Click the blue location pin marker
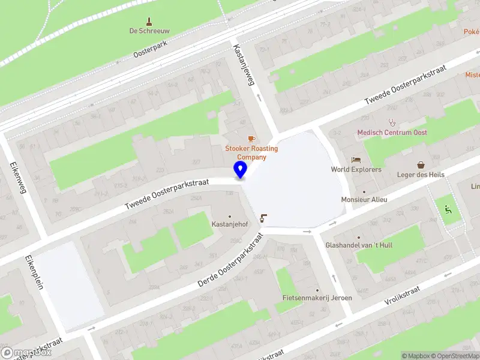240,170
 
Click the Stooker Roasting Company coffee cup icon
251,139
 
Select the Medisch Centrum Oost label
392,133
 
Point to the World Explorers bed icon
356,160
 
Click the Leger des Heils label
421,175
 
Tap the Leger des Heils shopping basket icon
421,164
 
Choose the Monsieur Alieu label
364,200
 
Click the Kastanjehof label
229,224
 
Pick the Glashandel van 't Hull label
359,245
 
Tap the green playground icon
447,210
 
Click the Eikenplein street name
34,273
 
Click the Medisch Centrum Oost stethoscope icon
392,122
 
